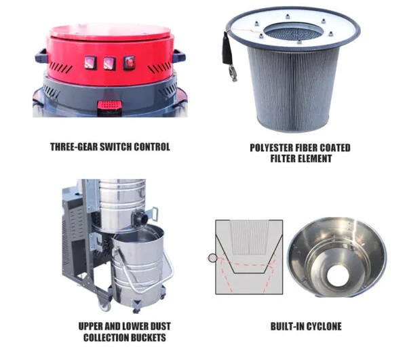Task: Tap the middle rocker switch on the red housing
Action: pyautogui.click(x=109, y=63)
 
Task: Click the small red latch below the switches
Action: pyautogui.click(x=109, y=106)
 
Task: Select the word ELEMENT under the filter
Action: pyautogui.click(x=311, y=158)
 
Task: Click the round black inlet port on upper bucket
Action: pyautogui.click(x=141, y=218)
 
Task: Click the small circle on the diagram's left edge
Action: pyautogui.click(x=212, y=258)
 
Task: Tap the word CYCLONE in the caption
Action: pyautogui.click(x=319, y=326)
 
